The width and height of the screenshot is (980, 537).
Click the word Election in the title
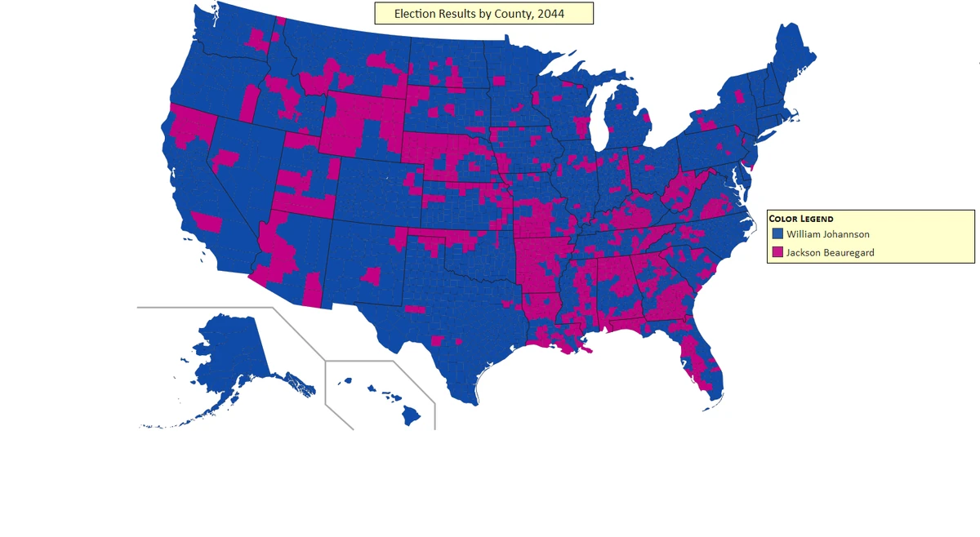pyautogui.click(x=414, y=14)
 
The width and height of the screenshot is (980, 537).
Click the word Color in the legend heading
pyautogui.click(x=784, y=219)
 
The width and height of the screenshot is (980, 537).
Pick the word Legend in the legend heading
pyautogui.click(x=817, y=219)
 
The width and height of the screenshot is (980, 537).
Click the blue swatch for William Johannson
pyautogui.click(x=777, y=234)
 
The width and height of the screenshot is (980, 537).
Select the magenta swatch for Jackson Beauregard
pyautogui.click(x=777, y=252)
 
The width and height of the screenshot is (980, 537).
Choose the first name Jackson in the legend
pyautogui.click(x=804, y=252)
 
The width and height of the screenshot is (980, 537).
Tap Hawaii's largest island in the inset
pyautogui.click(x=411, y=415)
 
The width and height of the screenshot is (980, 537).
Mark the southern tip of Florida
pyautogui.click(x=713, y=400)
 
